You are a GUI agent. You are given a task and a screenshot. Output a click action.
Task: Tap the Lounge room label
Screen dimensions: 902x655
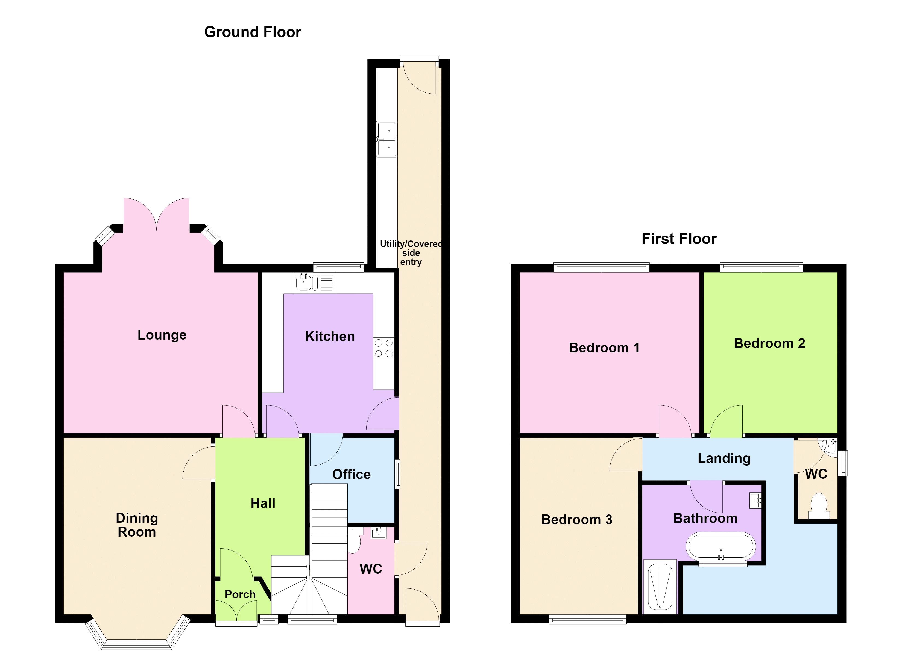[x=162, y=335]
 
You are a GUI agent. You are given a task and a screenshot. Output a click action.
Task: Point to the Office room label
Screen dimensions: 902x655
[x=351, y=474]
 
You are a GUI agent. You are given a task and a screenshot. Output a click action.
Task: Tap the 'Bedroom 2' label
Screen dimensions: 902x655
[x=769, y=343]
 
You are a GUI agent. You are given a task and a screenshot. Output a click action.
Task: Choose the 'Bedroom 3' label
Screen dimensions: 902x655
[x=577, y=520]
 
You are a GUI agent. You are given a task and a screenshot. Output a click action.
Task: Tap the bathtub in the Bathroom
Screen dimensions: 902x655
[x=721, y=547]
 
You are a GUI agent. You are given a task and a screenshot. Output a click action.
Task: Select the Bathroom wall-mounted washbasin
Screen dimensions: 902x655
[x=755, y=501]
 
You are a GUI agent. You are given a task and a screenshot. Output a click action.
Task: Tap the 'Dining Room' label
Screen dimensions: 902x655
[x=137, y=525]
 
